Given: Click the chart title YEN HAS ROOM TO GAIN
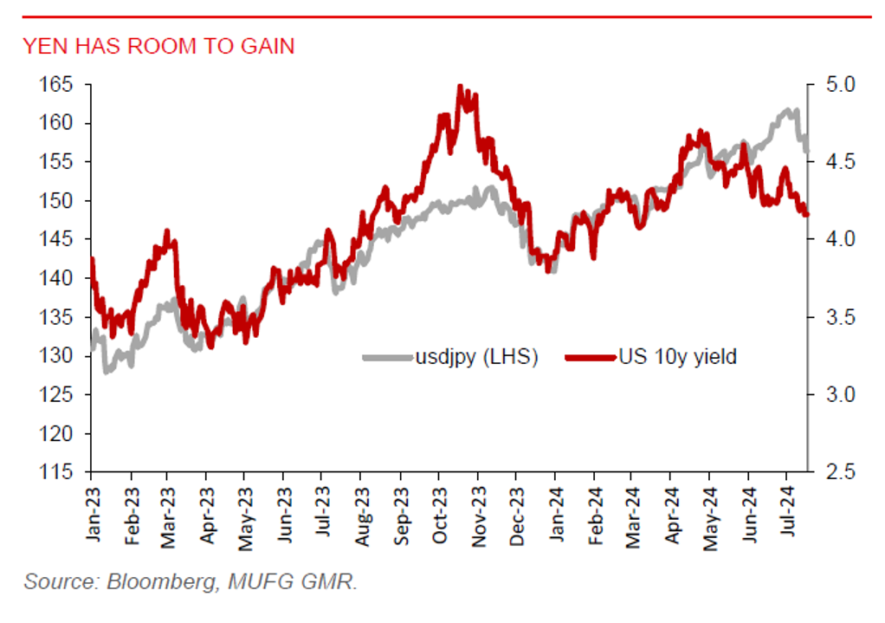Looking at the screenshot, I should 158,46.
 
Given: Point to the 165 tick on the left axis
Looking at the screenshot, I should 58,85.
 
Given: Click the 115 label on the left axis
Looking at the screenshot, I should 58,472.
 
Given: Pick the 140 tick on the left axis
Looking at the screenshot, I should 58,279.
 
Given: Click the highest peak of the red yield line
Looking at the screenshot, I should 460,86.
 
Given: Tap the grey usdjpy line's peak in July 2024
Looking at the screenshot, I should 793,110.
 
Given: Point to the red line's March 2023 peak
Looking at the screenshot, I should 167,231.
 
